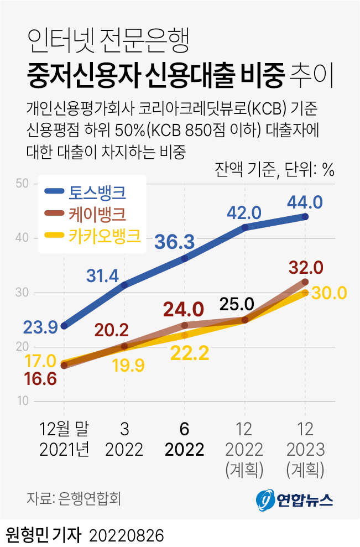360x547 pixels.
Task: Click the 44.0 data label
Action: click(x=305, y=202)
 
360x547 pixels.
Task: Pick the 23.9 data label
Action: click(x=41, y=327)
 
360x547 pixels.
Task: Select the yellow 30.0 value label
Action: click(x=329, y=293)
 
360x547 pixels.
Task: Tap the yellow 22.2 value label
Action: click(x=190, y=353)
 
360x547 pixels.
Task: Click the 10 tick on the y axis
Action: click(x=22, y=400)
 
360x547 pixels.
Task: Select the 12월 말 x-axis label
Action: click(x=64, y=429)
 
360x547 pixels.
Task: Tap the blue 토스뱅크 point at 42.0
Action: click(x=244, y=227)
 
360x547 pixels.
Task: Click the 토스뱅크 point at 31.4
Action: click(x=124, y=285)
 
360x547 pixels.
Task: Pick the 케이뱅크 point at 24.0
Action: click(x=185, y=325)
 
